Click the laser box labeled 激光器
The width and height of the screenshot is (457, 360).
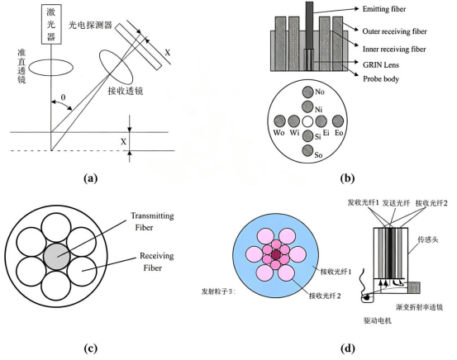click(51, 24)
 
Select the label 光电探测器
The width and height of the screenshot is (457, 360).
click(90, 26)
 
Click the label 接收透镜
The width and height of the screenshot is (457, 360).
click(126, 91)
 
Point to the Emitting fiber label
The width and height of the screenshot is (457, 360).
click(384, 9)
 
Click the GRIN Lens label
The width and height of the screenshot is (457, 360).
click(381, 64)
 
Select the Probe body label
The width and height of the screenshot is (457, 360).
click(381, 79)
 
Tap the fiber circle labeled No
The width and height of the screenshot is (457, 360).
click(307, 92)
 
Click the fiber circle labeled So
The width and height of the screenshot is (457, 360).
click(307, 150)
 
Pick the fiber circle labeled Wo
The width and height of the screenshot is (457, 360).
click(280, 121)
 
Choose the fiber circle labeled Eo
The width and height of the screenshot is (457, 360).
click(338, 121)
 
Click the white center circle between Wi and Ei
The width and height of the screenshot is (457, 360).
click(307, 121)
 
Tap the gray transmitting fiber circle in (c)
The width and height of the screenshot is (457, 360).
click(57, 257)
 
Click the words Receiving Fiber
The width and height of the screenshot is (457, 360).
click(156, 262)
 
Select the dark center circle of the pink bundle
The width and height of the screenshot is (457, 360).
click(276, 255)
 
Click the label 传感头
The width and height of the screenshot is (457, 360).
click(428, 239)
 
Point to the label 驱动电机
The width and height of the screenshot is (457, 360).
click(378, 320)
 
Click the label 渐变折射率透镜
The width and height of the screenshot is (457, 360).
click(420, 307)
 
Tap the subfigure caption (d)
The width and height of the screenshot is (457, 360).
click(348, 348)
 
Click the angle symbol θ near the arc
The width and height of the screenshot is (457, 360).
click(63, 97)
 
